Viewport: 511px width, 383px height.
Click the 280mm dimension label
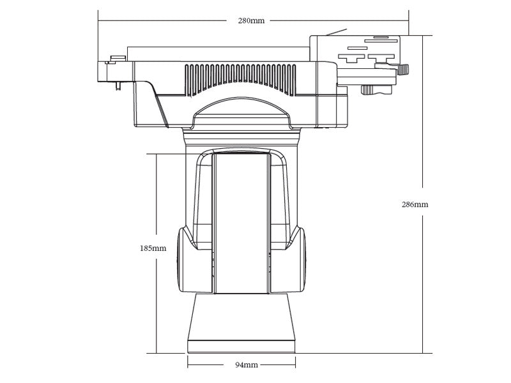pos(251,20)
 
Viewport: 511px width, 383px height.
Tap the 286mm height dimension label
pos(415,204)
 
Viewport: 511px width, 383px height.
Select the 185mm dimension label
pos(153,248)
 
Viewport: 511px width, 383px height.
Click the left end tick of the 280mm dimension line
pos(98,20)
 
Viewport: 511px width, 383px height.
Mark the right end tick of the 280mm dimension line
pos(408,20)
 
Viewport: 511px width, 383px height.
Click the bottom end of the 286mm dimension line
pos(422,353)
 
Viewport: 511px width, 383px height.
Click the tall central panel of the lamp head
pos(241,223)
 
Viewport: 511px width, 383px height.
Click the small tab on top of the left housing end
pos(117,59)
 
